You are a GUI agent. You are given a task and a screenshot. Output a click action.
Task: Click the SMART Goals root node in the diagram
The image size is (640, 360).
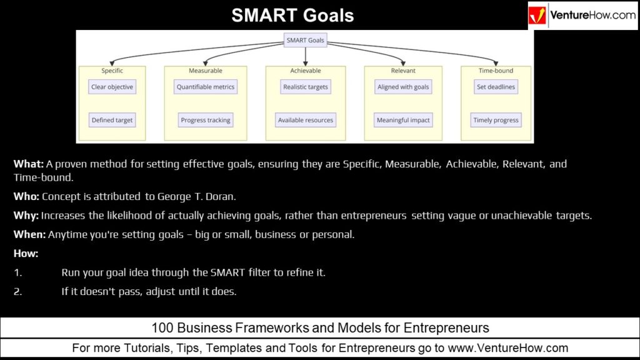coord(305,41)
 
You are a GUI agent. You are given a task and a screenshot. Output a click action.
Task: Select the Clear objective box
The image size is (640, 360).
coord(112,87)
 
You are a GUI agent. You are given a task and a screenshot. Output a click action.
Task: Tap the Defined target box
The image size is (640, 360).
coord(112,120)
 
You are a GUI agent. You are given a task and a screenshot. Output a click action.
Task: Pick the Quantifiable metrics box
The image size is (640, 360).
coord(206,87)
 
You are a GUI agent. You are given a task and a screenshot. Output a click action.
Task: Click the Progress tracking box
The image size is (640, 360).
coord(206,120)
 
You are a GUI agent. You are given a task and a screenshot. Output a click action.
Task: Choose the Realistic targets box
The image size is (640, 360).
coord(305,87)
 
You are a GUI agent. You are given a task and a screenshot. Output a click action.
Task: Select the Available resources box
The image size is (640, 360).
coord(305,120)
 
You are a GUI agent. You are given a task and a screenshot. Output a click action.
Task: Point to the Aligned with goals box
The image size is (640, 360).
coord(403,87)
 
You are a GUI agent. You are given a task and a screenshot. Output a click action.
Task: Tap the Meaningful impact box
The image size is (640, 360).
coord(403,120)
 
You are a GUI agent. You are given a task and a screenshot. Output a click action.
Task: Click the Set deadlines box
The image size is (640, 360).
coord(496,87)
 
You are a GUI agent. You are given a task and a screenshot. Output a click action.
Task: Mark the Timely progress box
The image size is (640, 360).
coord(496,120)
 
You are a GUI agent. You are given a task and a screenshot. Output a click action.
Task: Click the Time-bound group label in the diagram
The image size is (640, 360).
coord(496,71)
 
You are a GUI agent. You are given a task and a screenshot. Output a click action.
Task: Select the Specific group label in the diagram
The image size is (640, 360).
coord(112,71)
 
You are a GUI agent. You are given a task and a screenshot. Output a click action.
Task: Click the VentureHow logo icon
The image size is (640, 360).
coord(537,16)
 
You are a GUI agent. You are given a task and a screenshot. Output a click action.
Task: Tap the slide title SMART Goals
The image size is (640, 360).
coord(292,15)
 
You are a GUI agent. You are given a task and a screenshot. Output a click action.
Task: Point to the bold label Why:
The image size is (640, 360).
coord(26,216)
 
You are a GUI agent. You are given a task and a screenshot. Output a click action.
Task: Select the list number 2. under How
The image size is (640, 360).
coord(17,291)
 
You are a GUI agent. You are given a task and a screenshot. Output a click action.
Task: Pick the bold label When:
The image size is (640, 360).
coord(29,234)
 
